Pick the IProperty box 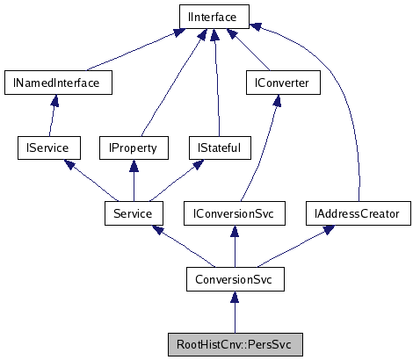tap(133, 148)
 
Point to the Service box tap(133, 212)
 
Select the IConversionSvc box tap(235, 212)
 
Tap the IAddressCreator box tap(357, 212)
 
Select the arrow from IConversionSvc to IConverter tap(261, 158)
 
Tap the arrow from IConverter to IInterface tap(251, 53)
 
